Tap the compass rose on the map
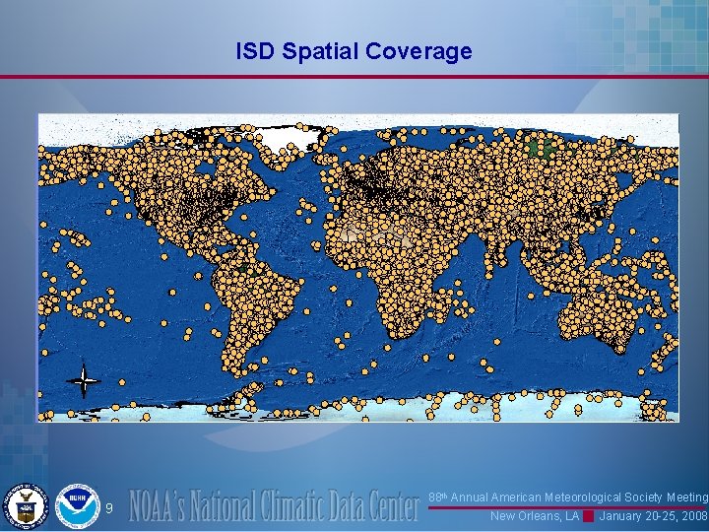click(x=84, y=379)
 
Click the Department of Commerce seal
click(x=25, y=506)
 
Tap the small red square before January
click(x=589, y=516)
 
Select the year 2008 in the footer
click(x=693, y=516)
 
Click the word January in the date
click(x=623, y=516)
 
